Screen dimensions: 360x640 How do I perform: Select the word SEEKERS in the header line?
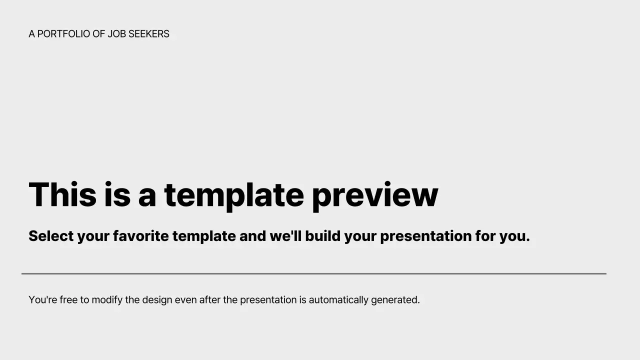(x=149, y=34)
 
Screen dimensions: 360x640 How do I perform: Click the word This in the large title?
(x=62, y=195)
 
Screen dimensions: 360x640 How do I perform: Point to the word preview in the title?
(x=374, y=195)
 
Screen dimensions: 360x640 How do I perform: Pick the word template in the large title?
(x=233, y=195)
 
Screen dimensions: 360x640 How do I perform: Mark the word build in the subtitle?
(x=322, y=236)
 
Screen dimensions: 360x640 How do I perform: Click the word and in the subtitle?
(x=252, y=236)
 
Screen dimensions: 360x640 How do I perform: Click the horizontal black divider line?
(x=313, y=274)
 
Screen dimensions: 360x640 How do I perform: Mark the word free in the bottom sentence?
(x=68, y=300)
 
